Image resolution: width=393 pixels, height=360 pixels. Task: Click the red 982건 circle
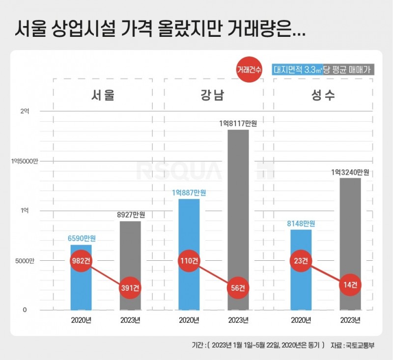(81, 261)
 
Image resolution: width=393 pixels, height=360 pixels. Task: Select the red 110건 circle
(189, 261)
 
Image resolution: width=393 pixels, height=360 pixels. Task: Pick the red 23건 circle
(301, 261)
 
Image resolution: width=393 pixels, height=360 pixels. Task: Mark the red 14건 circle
(350, 284)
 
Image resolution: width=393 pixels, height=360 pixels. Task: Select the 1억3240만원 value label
(350, 172)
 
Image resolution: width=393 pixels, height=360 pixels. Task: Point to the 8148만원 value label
(301, 224)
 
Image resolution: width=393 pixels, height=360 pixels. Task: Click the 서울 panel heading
(103, 95)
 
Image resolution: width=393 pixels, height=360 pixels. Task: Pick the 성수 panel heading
(323, 95)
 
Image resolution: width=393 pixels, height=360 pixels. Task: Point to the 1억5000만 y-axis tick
(24, 161)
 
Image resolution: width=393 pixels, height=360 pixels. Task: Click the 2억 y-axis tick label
(25, 111)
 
